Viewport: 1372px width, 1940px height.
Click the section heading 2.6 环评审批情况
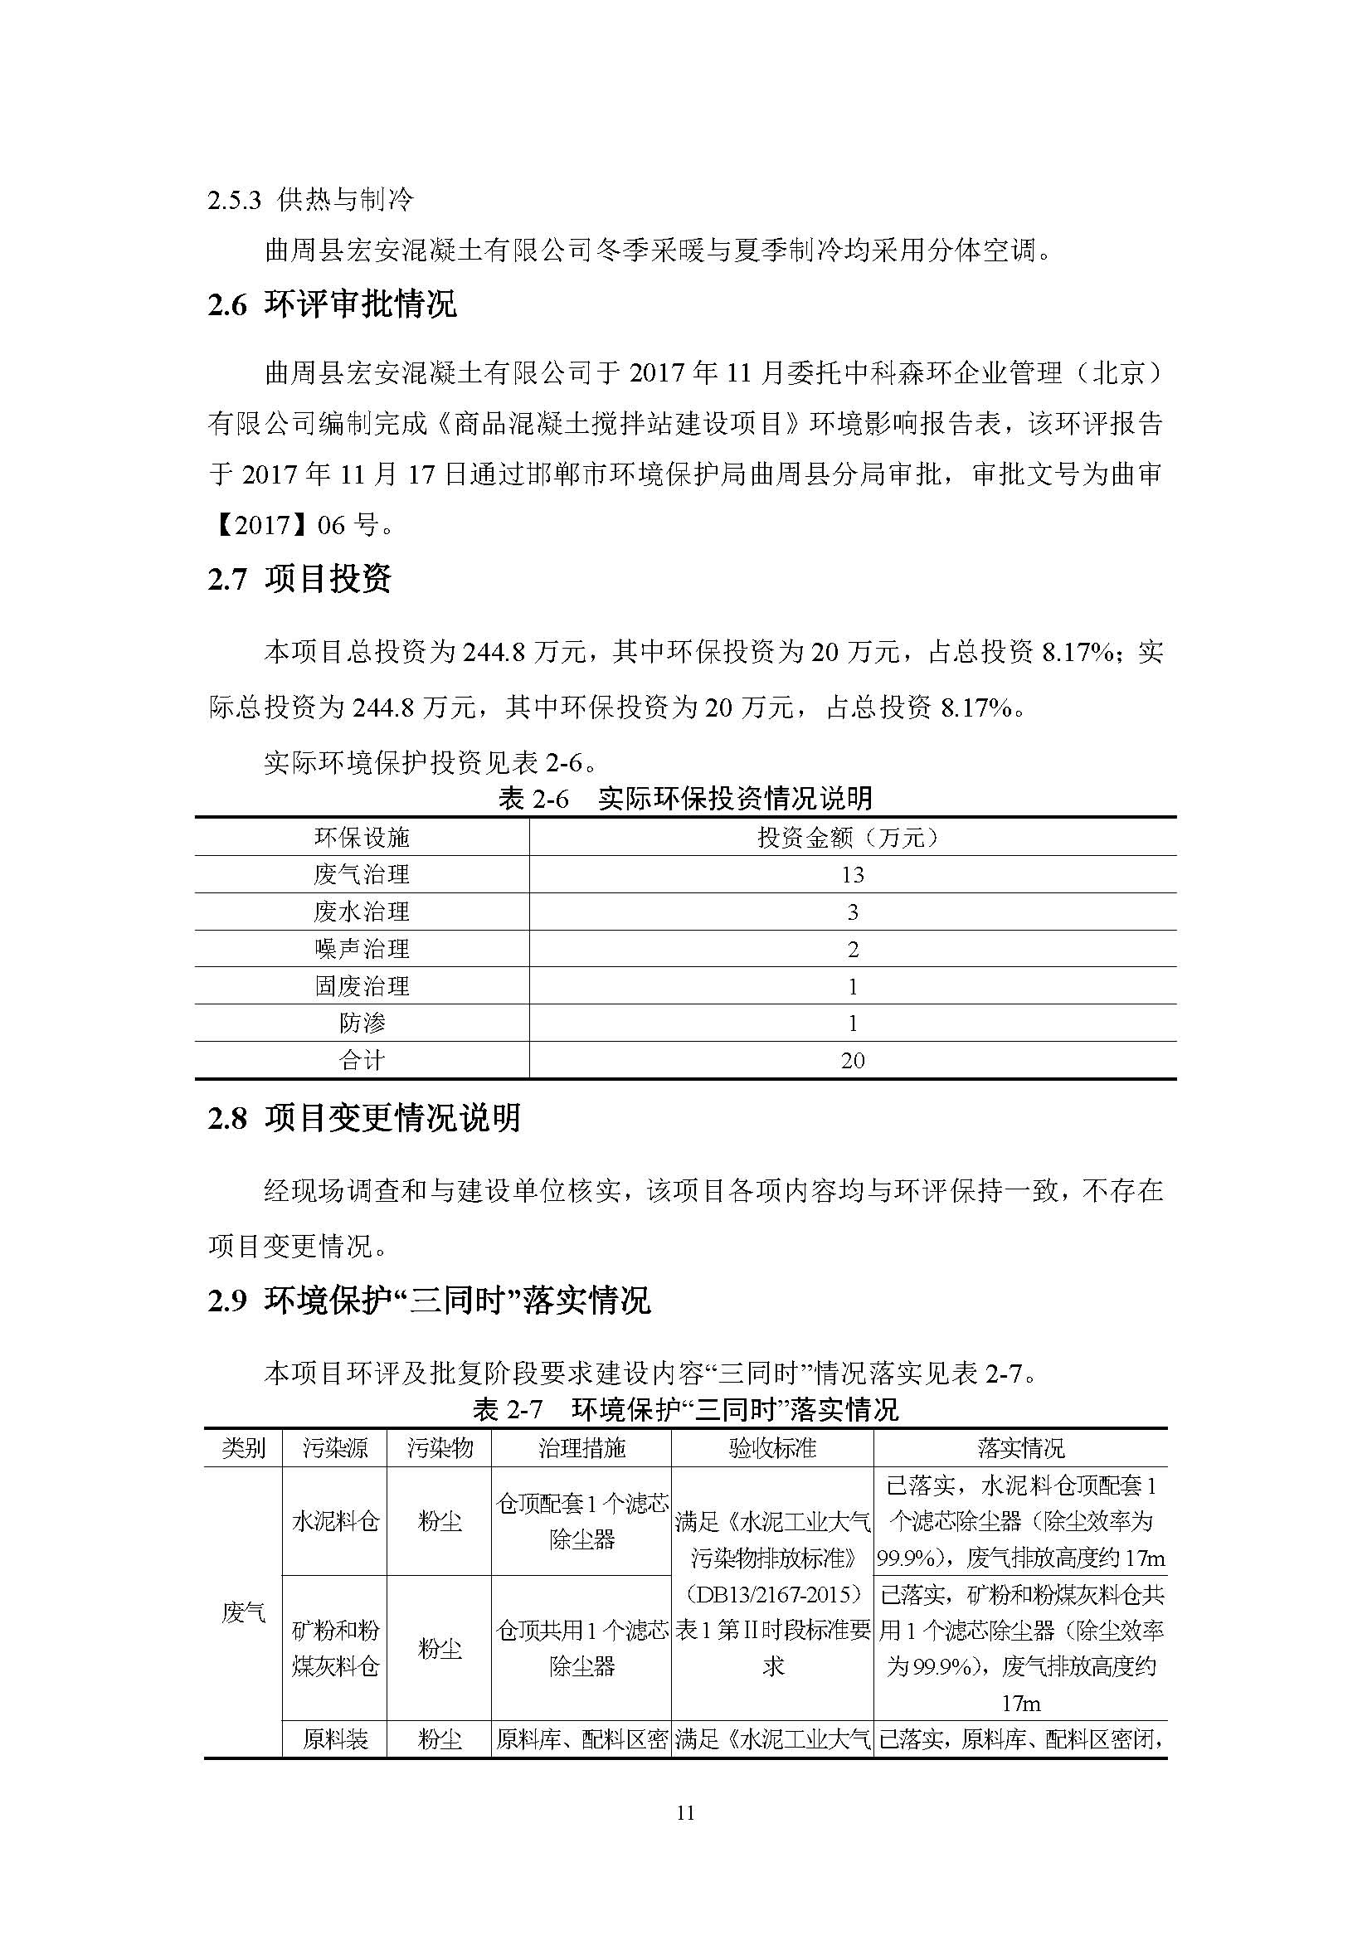point(332,304)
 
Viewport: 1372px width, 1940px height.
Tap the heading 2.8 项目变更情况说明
point(364,1118)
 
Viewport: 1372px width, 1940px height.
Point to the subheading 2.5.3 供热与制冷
point(310,200)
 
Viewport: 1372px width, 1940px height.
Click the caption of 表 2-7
point(685,1409)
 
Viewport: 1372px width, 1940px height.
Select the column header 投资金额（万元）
point(852,838)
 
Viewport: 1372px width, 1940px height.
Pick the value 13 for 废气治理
point(852,874)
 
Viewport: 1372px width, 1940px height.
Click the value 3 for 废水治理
point(852,912)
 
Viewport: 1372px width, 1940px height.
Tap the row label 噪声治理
point(362,949)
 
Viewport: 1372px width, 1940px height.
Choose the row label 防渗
point(362,1023)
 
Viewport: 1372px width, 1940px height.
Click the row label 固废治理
point(362,986)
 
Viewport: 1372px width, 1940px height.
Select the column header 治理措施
point(581,1448)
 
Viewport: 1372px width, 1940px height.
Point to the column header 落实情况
point(1020,1448)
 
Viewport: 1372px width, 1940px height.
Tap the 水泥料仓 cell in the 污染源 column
point(334,1522)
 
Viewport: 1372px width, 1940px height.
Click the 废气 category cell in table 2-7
point(243,1612)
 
